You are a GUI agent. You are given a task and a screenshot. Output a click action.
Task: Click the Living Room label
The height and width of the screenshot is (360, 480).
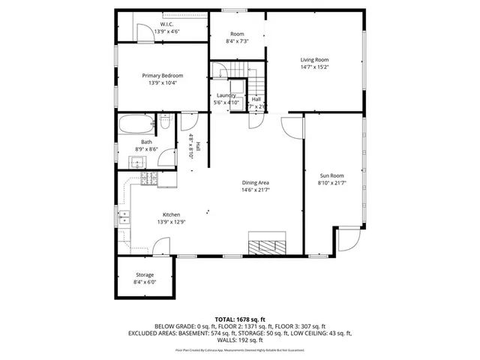pos(315,60)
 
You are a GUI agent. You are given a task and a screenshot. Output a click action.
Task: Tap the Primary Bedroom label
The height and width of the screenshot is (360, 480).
pos(163,76)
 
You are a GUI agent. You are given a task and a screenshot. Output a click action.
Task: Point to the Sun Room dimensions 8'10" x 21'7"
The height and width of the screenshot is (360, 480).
pos(331,183)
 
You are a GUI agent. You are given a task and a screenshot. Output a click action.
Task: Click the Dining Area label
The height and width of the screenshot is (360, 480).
pos(255,183)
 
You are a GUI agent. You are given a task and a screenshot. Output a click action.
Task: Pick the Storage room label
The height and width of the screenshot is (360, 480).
pos(145,275)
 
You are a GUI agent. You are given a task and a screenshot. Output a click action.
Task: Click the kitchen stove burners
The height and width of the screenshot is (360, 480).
pos(149,179)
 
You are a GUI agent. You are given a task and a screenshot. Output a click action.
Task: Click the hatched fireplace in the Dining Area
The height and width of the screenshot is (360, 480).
pos(268,245)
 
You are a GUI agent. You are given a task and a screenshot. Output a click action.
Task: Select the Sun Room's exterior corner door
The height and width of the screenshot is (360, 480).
pos(346,241)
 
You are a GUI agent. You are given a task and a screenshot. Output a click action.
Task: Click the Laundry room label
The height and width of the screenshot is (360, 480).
pos(226,96)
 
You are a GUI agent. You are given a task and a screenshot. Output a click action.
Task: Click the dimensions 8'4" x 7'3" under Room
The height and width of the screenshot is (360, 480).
pos(237,41)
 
